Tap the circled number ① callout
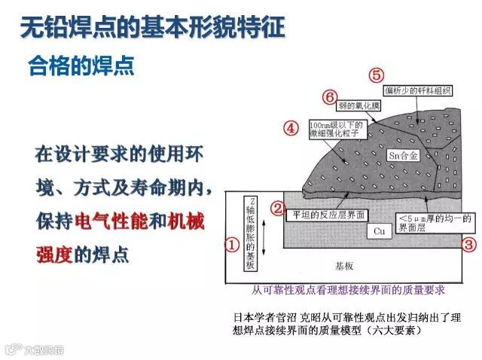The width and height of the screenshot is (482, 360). coord(233,244)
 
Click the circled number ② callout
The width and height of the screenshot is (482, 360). coord(278,208)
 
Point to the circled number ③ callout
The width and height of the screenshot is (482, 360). coord(468,244)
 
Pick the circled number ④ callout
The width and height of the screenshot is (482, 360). coord(291,128)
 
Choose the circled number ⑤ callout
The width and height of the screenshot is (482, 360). coord(377,75)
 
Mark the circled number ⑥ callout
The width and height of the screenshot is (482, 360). coord(329,97)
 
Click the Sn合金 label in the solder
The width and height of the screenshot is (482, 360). coord(402,156)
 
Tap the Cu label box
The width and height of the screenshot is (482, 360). coord(380,231)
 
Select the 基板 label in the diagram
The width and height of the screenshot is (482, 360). coord(343,267)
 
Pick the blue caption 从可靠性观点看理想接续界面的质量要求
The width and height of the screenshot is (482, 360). coord(348,289)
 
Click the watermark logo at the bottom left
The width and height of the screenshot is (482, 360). coord(34,349)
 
